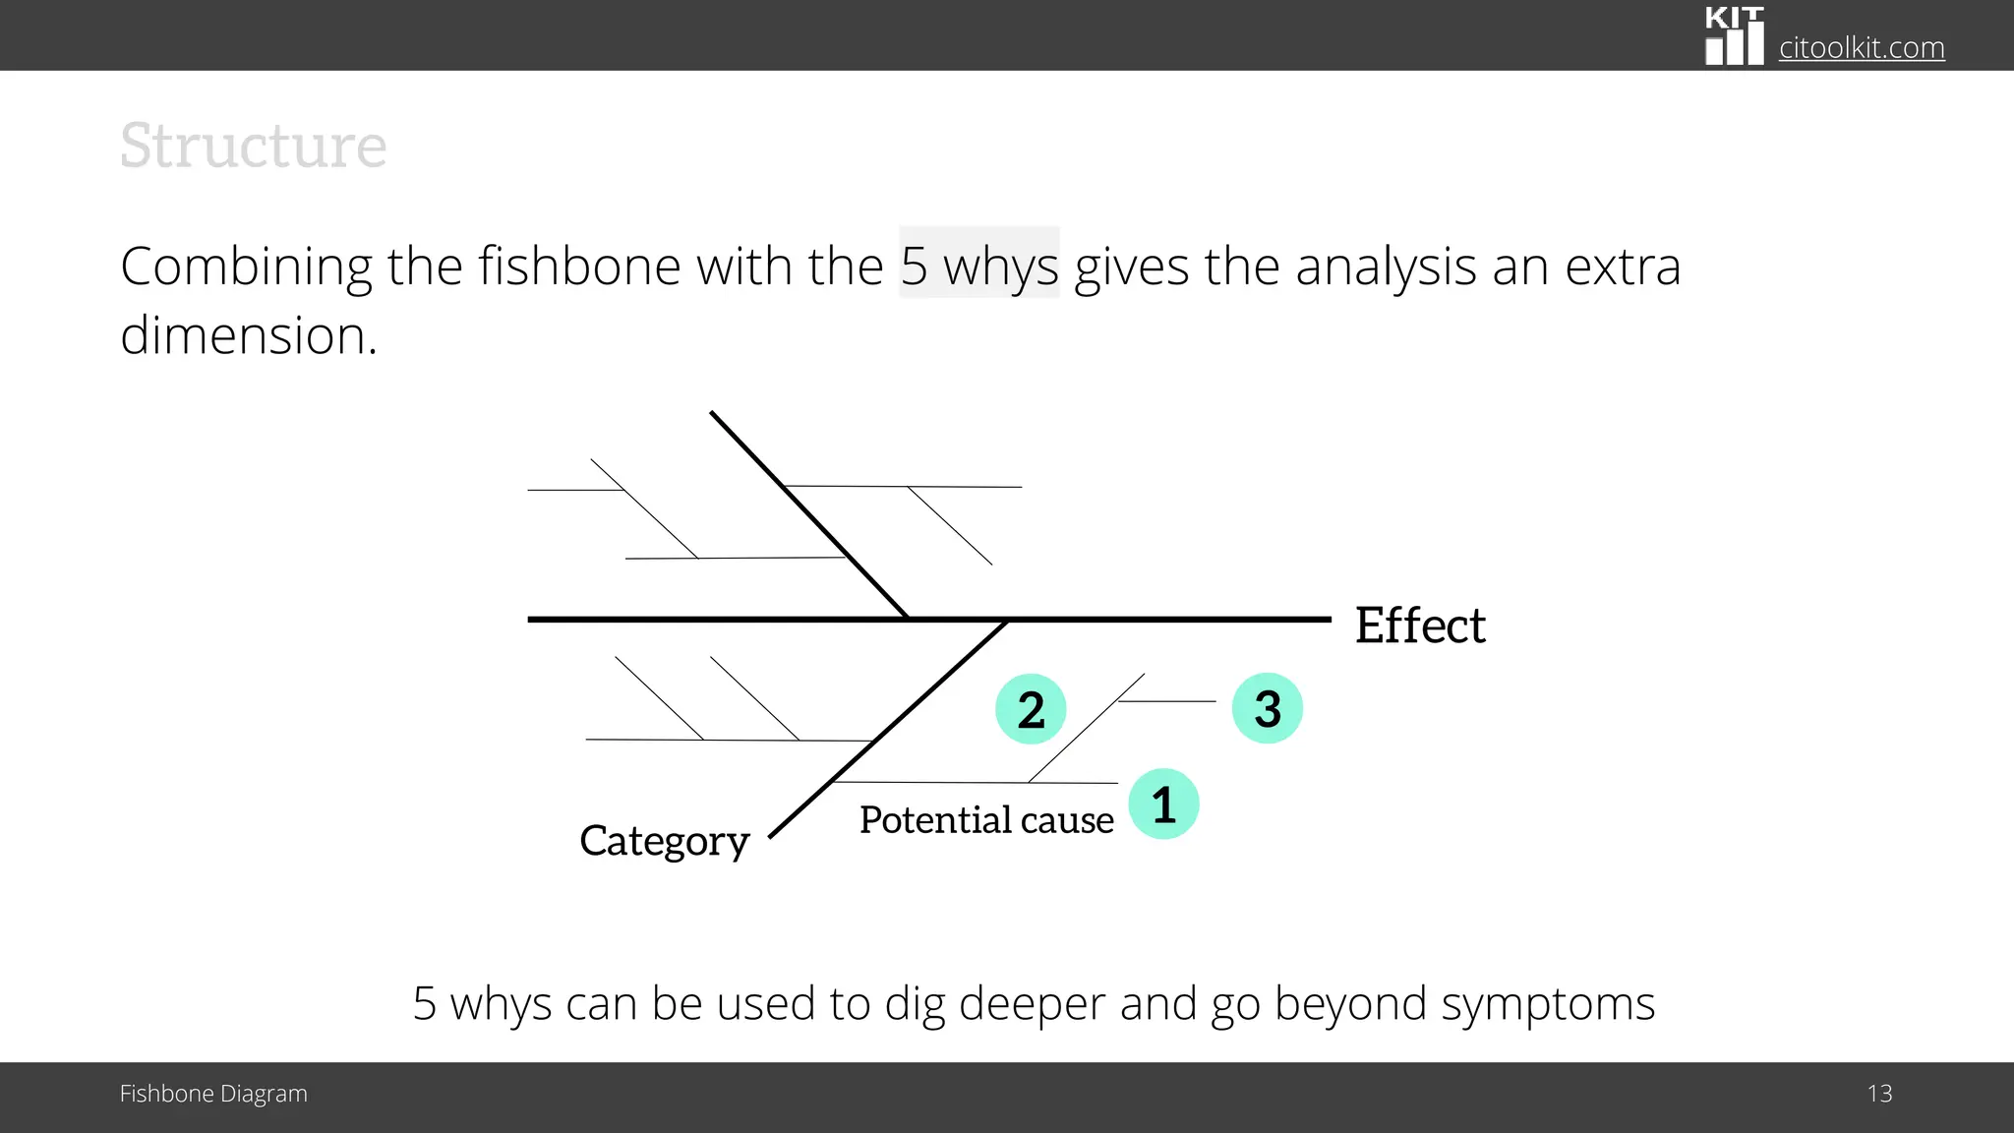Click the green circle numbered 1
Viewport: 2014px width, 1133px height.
point(1163,805)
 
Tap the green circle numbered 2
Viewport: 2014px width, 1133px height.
point(1031,709)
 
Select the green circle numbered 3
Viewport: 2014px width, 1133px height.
point(1268,708)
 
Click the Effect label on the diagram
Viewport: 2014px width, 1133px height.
point(1420,626)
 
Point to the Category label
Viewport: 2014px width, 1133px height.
point(665,841)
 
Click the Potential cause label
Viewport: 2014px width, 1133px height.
point(986,819)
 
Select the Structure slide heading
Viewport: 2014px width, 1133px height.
point(254,146)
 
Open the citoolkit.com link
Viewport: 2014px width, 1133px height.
point(1862,47)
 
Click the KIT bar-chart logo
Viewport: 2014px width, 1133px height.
point(1735,36)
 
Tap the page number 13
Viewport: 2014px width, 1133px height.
point(1879,1094)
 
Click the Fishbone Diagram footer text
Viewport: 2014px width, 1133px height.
point(213,1094)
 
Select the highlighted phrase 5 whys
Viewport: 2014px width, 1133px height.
point(979,266)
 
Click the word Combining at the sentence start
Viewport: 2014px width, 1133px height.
point(246,266)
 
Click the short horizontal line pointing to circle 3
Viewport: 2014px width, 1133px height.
point(1167,701)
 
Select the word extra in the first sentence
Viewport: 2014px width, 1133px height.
point(1623,266)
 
